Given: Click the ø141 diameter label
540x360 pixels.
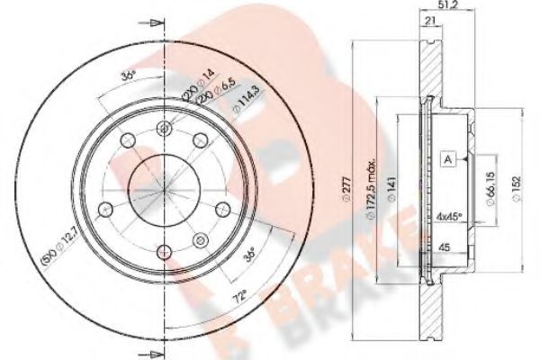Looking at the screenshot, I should click(x=408, y=187).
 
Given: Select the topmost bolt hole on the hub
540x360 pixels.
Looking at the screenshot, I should click(x=164, y=128).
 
